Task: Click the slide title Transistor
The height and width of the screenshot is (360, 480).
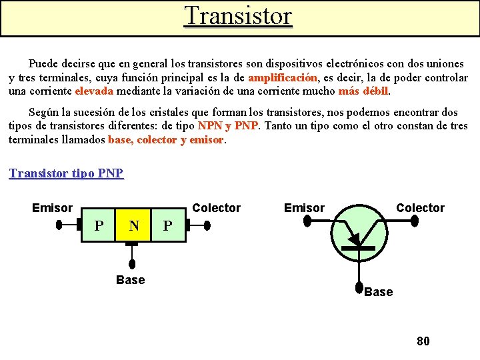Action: [x=238, y=16]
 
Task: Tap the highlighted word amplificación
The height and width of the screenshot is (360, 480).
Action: [x=283, y=78]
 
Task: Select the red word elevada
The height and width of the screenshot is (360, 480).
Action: [x=94, y=91]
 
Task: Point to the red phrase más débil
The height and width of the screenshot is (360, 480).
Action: [x=363, y=91]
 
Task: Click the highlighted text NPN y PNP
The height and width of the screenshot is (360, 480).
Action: [x=227, y=126]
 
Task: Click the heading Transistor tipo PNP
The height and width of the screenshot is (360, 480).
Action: [x=66, y=173]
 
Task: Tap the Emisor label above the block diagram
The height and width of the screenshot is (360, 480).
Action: [x=52, y=208]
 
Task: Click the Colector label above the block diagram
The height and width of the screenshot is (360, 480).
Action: [x=216, y=208]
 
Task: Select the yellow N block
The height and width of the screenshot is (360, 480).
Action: [x=134, y=226]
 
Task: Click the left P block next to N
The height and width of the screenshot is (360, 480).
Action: [x=99, y=226]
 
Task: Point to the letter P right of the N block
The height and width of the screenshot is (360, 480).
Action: [x=168, y=226]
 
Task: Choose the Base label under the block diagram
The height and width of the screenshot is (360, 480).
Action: [x=130, y=280]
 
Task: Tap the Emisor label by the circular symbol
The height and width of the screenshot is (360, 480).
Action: [x=304, y=208]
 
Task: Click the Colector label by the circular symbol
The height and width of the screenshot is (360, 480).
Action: [x=420, y=208]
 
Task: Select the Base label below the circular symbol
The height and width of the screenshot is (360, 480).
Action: [x=378, y=292]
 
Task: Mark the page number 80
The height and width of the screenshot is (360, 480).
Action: [x=423, y=341]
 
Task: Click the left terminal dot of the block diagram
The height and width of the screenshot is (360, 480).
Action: [x=58, y=225]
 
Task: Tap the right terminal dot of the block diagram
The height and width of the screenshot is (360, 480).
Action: [x=207, y=225]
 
